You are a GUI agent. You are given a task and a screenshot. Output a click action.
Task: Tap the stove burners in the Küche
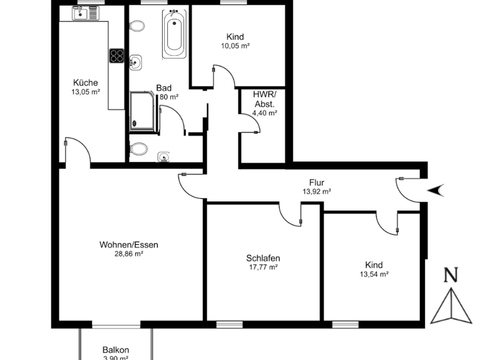point(116,56)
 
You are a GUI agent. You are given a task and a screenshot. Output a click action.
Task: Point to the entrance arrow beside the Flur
point(435,189)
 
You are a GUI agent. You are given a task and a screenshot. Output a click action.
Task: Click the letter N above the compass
point(452,276)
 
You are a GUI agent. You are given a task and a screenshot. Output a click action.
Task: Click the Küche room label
point(86,82)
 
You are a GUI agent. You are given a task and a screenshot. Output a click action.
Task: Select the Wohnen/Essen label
point(129,244)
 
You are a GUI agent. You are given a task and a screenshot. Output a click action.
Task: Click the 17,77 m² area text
point(263,267)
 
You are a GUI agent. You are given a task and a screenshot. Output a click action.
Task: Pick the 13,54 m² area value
point(374,274)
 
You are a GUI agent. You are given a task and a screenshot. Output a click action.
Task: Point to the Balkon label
point(116,350)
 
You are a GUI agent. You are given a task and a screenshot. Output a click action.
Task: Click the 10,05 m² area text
point(235,46)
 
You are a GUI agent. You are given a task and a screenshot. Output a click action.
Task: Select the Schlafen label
point(263,258)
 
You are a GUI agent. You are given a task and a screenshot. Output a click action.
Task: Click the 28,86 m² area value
point(129,253)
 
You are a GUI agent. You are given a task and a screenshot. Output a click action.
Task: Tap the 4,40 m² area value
point(264,113)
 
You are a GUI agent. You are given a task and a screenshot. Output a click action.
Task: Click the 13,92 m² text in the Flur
point(316,192)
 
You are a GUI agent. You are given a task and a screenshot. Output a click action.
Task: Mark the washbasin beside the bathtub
point(135,62)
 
